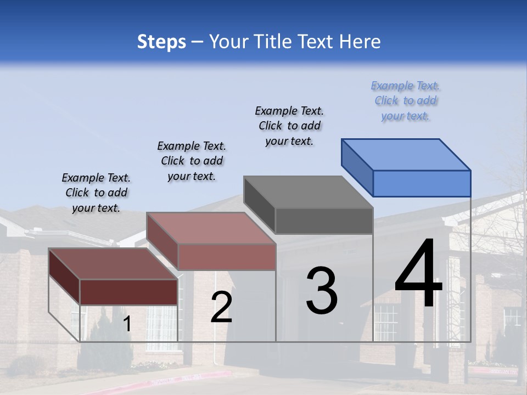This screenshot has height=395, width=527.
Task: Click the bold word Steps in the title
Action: pyautogui.click(x=161, y=42)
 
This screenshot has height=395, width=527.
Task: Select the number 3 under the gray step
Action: pyautogui.click(x=322, y=291)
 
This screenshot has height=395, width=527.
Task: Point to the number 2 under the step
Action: pyautogui.click(x=221, y=307)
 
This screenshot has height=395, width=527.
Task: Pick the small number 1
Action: pyautogui.click(x=127, y=324)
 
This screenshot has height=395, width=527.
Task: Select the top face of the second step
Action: pyautogui.click(x=211, y=228)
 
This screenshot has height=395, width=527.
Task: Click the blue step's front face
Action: pyautogui.click(x=422, y=183)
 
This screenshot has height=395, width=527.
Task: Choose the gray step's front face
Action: pyautogui.click(x=324, y=221)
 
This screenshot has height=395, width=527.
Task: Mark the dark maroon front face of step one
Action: pyautogui.click(x=128, y=292)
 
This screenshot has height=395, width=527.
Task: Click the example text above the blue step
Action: pyautogui.click(x=406, y=101)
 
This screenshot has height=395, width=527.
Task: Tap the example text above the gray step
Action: pyautogui.click(x=289, y=126)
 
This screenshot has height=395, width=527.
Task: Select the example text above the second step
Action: pyautogui.click(x=192, y=161)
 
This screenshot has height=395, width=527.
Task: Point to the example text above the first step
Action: pyautogui.click(x=96, y=193)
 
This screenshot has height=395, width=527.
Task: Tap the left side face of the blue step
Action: pyautogui.click(x=357, y=167)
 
